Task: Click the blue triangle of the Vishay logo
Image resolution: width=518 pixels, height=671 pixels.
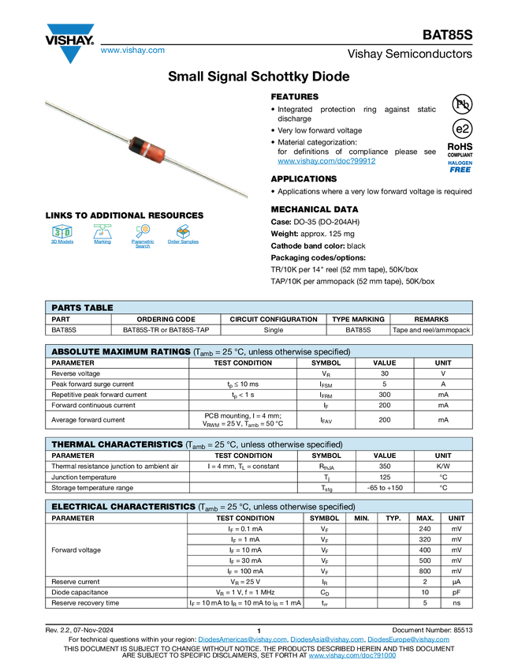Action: pos(70,55)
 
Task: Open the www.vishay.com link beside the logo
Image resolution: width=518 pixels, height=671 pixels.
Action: pos(132,51)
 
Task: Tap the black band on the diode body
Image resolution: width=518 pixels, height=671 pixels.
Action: pos(136,145)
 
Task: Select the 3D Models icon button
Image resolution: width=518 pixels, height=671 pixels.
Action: pos(61,236)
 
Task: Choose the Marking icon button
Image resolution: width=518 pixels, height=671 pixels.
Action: pos(102,236)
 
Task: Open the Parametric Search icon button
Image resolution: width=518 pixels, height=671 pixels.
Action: pos(143,236)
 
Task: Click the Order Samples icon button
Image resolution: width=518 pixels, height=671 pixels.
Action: pos(183,236)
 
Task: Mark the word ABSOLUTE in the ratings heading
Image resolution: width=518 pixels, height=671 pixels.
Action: pos(77,351)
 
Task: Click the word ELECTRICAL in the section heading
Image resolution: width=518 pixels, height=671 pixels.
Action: pos(80,506)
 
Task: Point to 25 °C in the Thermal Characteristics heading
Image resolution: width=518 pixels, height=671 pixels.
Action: pos(225,444)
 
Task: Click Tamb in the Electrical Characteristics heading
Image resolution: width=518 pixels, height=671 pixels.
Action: pos(207,507)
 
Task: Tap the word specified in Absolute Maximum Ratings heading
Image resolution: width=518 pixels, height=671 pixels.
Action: pos(330,351)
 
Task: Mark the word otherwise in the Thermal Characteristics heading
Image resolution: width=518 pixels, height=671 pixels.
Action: pos(279,444)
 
